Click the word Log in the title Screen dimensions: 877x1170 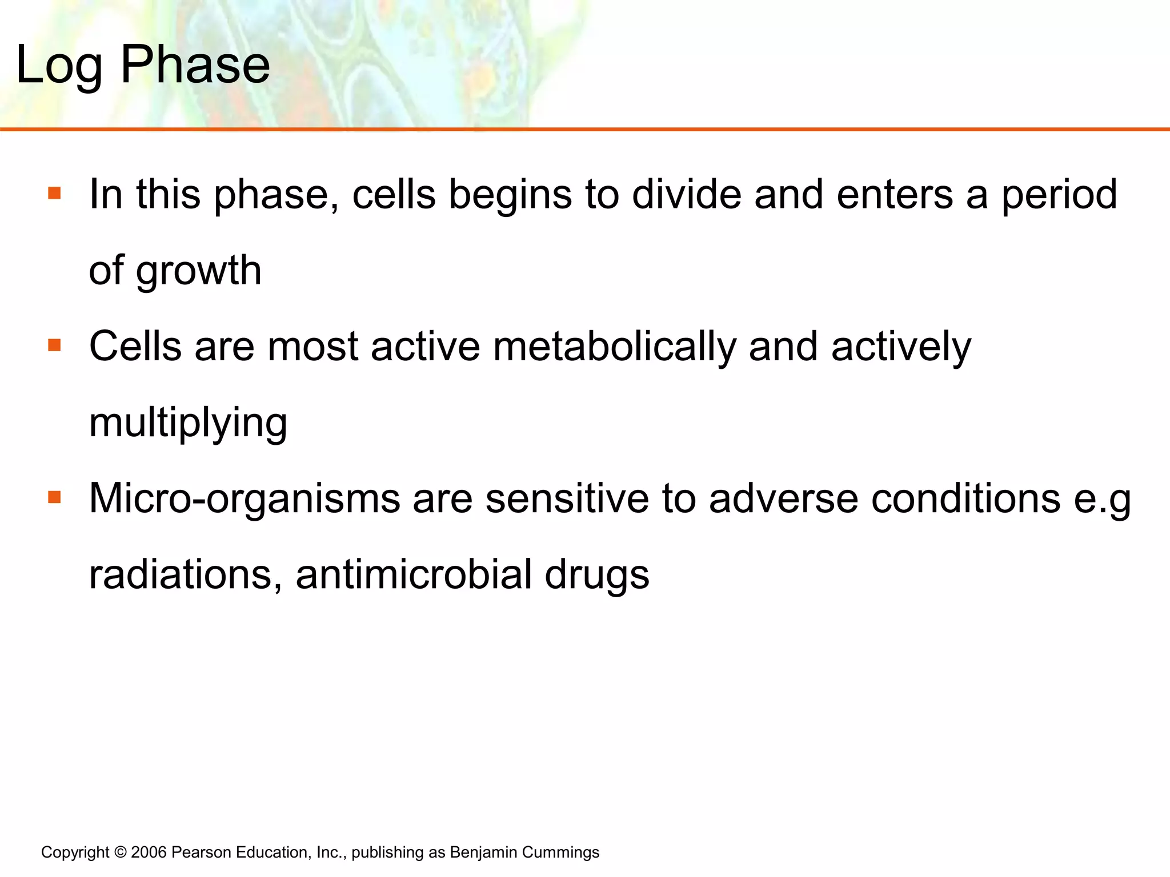(x=59, y=66)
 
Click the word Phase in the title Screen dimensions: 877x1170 (x=195, y=65)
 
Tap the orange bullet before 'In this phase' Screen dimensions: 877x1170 (x=55, y=193)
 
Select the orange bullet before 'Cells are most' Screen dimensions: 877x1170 (x=55, y=345)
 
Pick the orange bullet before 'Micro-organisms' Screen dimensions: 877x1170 (x=55, y=497)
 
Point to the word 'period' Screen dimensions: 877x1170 (x=1060, y=195)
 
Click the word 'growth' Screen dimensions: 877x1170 (x=198, y=271)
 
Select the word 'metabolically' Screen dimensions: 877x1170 (x=614, y=347)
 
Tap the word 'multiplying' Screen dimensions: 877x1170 (x=188, y=423)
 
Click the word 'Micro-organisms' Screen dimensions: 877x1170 (x=245, y=498)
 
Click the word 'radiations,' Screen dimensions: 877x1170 (x=186, y=574)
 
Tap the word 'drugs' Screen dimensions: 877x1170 (x=597, y=576)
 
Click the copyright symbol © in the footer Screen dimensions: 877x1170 (x=120, y=852)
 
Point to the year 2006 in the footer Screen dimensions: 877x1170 (x=149, y=852)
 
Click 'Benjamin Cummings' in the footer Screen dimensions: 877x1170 (x=524, y=852)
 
